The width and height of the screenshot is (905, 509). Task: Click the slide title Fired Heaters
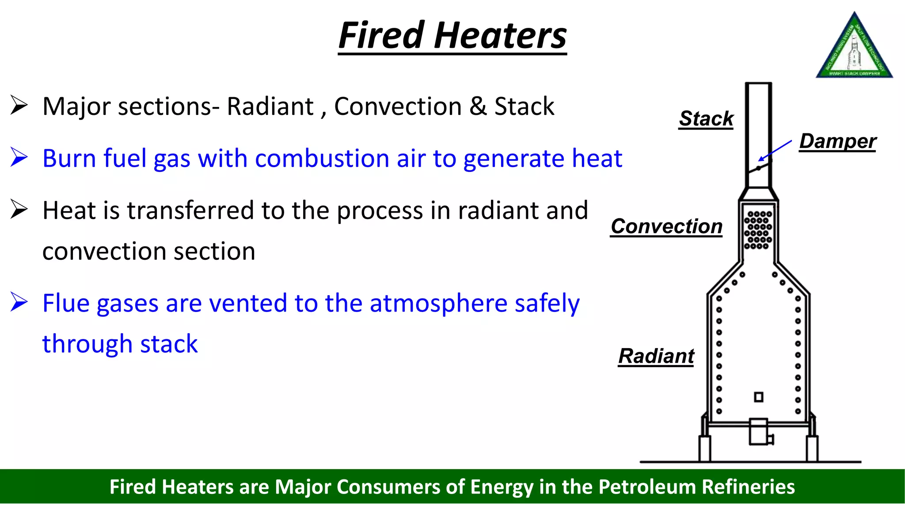(452, 36)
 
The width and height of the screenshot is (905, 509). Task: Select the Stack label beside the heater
(706, 118)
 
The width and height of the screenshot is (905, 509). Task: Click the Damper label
(837, 141)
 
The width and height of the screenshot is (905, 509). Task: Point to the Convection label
(666, 226)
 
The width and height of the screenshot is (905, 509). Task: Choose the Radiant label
(656, 356)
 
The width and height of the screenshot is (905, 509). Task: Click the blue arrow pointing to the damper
(775, 150)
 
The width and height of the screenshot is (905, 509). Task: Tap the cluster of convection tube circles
(758, 230)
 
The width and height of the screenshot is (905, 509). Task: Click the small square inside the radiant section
(758, 397)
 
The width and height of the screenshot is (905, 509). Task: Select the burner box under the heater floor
(759, 432)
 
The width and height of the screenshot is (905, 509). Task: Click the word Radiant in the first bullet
(270, 106)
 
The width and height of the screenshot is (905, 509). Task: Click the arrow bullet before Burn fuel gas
(19, 158)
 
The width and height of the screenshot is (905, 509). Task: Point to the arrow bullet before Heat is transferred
(19, 209)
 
